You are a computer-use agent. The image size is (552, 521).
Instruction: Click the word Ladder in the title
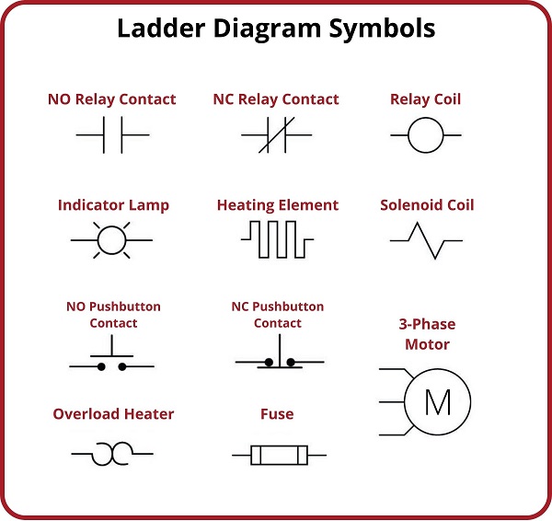[x=161, y=28]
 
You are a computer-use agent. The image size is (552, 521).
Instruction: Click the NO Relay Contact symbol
[x=112, y=135]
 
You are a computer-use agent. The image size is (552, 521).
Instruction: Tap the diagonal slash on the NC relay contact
[x=276, y=135]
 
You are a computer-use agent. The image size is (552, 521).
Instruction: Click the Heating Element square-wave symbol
[x=278, y=239]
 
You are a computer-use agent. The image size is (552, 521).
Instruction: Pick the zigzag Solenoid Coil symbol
[x=426, y=240]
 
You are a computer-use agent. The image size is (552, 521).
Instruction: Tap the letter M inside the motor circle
[x=438, y=402]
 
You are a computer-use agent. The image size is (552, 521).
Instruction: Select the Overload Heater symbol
[x=112, y=454]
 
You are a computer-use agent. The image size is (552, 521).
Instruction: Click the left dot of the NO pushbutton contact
[x=101, y=367]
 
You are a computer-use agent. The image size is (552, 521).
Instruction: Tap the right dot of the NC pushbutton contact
[x=291, y=362]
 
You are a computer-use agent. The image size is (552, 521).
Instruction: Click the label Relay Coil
[x=426, y=99]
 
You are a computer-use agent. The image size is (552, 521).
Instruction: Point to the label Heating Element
[x=278, y=205]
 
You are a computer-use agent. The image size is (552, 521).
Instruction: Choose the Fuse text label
[x=277, y=414]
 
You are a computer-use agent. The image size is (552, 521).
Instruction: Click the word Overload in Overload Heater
[x=86, y=414]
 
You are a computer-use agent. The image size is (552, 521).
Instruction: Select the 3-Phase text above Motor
[x=427, y=324]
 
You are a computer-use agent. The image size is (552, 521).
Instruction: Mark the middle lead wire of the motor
[x=392, y=401]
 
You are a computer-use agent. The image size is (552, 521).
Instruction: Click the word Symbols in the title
[x=382, y=29]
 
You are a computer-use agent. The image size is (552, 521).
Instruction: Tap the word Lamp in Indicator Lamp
[x=149, y=205]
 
